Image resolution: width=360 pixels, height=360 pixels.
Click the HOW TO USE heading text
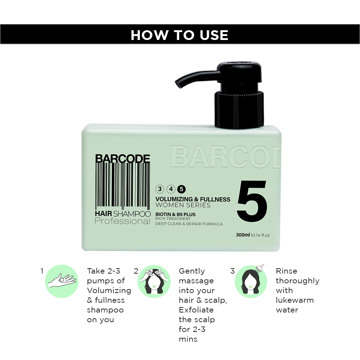click(x=180, y=35)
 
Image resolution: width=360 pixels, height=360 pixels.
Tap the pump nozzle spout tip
click(x=178, y=85)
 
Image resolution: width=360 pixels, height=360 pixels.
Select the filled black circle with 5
click(x=181, y=189)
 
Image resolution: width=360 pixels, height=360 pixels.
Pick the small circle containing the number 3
click(x=160, y=189)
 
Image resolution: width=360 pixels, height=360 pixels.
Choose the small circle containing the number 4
click(x=171, y=189)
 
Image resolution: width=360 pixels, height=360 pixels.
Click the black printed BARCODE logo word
click(x=122, y=158)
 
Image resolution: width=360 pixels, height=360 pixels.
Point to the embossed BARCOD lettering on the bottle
click(x=226, y=156)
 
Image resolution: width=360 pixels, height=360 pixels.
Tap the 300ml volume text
click(x=243, y=235)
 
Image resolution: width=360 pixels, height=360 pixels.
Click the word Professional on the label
click(x=122, y=221)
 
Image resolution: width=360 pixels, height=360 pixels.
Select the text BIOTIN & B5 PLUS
click(x=175, y=215)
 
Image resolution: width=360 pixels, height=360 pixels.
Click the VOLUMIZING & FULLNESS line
click(x=193, y=199)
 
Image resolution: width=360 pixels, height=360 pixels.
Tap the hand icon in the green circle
click(x=62, y=281)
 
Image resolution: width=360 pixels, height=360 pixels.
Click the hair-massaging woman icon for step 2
click(x=154, y=282)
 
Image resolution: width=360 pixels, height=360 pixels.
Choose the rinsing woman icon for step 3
click(x=251, y=282)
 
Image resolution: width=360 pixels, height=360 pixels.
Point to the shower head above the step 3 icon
click(x=260, y=267)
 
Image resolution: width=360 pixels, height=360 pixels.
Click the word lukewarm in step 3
click(x=294, y=300)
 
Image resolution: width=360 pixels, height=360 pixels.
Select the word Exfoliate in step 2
click(x=196, y=310)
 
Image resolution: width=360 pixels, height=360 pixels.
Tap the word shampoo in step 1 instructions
click(x=105, y=310)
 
